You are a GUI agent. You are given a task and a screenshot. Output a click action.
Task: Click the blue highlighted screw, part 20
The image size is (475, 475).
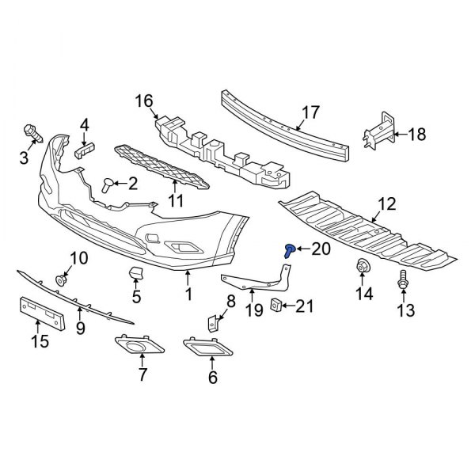point(289,251)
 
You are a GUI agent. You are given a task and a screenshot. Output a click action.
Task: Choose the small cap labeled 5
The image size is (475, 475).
point(135,274)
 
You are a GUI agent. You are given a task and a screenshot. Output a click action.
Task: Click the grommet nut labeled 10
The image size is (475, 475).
point(61,279)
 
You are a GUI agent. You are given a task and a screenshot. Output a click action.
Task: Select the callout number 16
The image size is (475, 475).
point(143,101)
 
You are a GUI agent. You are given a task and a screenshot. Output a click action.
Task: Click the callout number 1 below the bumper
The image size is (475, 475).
point(188,295)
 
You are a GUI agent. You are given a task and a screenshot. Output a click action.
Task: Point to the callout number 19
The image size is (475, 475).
point(253,311)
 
